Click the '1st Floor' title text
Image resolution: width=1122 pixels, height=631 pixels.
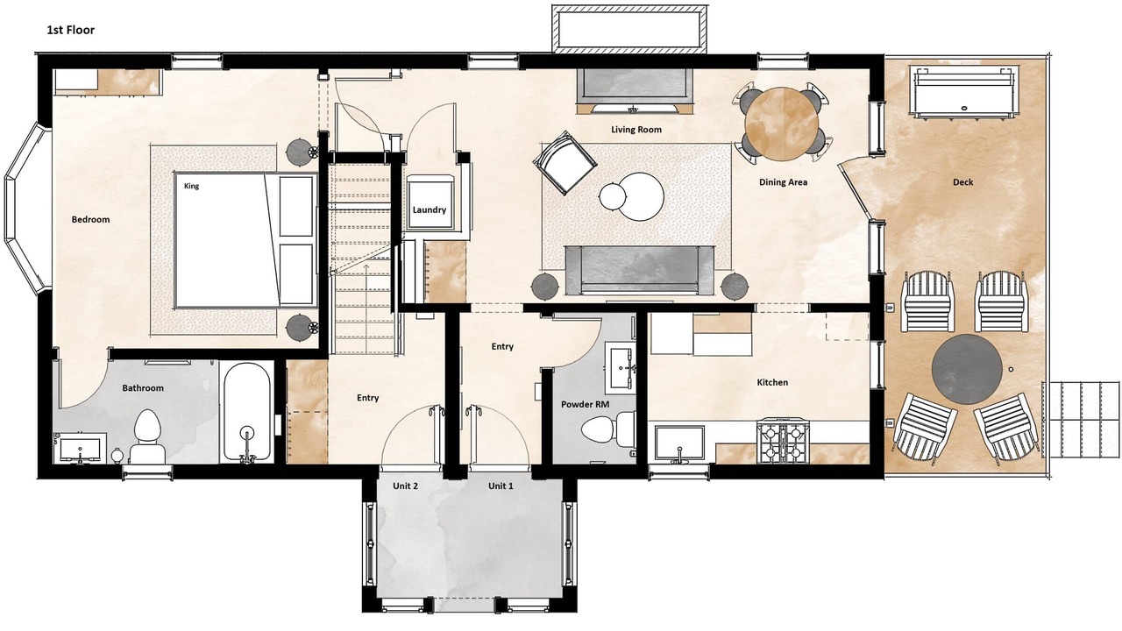(71, 30)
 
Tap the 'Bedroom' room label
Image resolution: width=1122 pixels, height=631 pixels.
(90, 219)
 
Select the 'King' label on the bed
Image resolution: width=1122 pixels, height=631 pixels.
(191, 186)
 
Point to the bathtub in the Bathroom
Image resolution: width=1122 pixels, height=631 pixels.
(246, 411)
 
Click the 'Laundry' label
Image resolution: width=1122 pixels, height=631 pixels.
(430, 209)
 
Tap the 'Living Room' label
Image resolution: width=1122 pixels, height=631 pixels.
(636, 129)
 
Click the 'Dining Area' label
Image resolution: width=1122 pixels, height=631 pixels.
(783, 181)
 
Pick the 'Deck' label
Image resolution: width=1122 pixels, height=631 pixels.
(962, 181)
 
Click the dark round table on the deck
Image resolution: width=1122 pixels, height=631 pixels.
(967, 369)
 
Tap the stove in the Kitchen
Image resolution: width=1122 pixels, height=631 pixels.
(784, 442)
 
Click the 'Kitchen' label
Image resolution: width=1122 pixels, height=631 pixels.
(772, 383)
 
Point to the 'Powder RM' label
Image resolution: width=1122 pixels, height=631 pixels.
(585, 404)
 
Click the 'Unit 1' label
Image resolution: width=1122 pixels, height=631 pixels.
(501, 486)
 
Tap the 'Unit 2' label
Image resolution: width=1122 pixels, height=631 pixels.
(405, 486)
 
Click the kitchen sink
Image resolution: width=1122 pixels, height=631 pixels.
(679, 443)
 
